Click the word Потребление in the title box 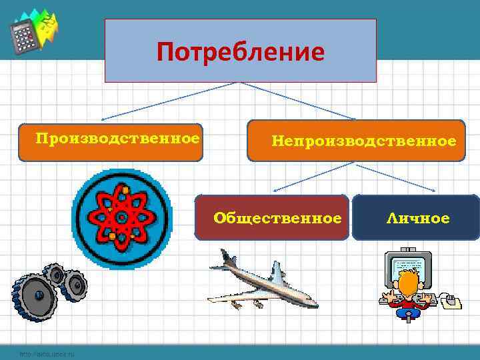coord(241,51)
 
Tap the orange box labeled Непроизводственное coord(356,141)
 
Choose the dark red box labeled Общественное coord(272,217)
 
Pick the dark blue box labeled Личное coord(415,217)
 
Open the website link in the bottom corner coord(47,354)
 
